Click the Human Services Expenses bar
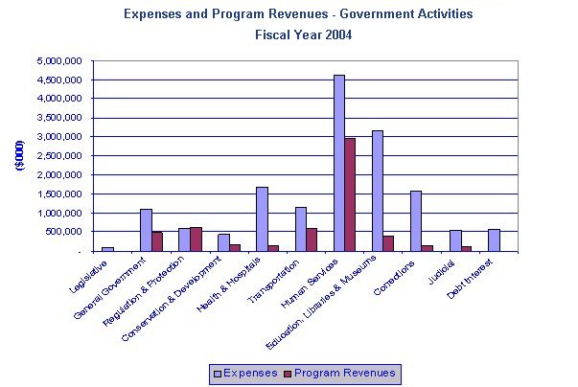click(x=339, y=163)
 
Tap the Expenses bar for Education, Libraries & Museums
click(x=378, y=191)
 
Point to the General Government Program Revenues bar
click(x=157, y=241)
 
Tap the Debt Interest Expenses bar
click(x=494, y=239)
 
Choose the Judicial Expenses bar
click(x=455, y=240)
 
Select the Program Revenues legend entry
click(x=343, y=373)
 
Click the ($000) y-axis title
click(x=19, y=156)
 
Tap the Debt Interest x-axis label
click(x=476, y=274)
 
